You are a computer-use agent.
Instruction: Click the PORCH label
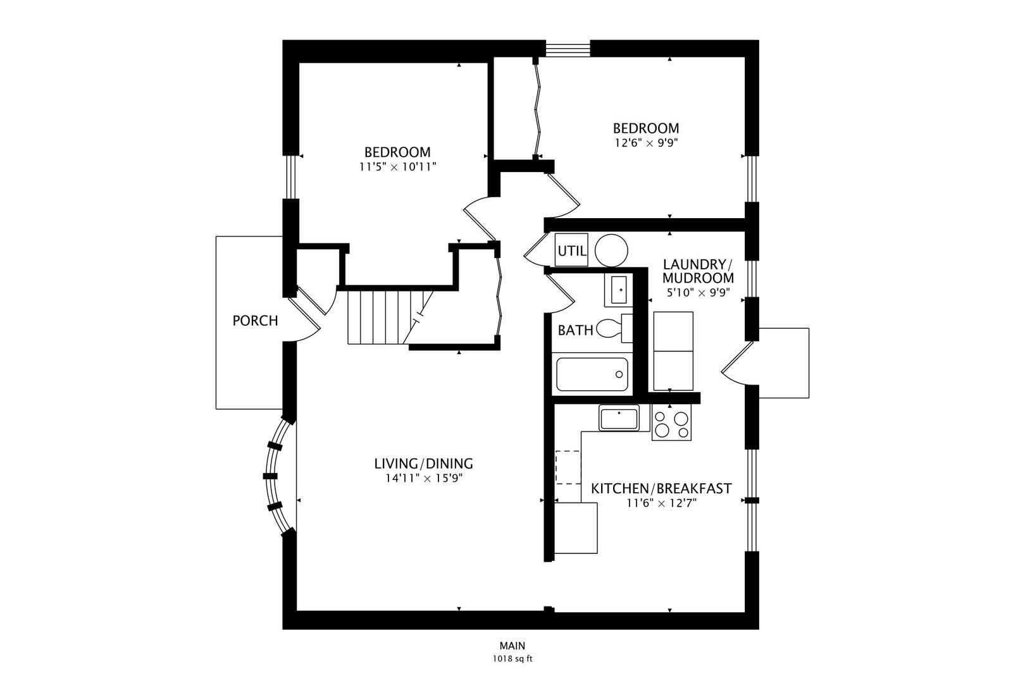point(255,321)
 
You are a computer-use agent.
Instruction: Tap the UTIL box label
point(571,250)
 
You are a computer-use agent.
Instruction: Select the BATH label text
point(575,330)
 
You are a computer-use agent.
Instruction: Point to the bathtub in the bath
point(592,374)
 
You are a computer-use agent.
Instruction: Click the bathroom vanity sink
point(618,290)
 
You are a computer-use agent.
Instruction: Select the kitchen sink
point(619,419)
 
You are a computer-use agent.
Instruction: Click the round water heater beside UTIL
point(611,250)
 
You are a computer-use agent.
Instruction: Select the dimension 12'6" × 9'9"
point(646,143)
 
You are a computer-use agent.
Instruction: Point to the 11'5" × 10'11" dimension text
point(397,167)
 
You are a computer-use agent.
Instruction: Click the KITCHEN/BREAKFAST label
point(661,488)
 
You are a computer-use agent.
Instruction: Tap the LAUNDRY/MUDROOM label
point(698,271)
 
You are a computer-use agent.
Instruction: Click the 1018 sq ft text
point(512,658)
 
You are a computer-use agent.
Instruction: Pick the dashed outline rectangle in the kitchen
point(568,467)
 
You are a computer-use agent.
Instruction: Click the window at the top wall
point(568,47)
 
